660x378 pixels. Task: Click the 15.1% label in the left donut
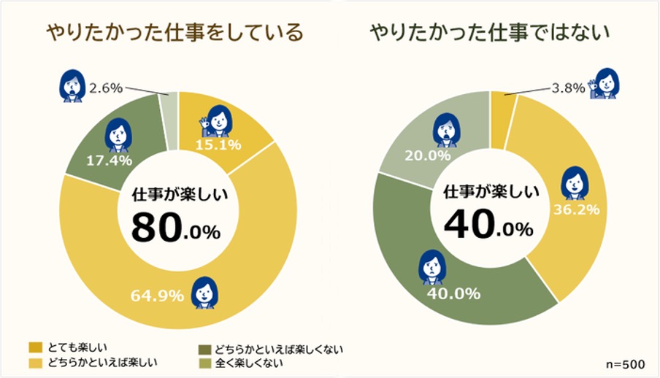tap(215, 144)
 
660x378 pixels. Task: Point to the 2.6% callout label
tap(105, 89)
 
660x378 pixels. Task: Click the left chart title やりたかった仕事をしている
tap(174, 33)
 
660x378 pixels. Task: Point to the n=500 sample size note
tap(624, 363)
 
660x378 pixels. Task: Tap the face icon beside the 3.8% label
tap(607, 83)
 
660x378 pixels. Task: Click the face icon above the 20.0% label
tap(445, 131)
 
